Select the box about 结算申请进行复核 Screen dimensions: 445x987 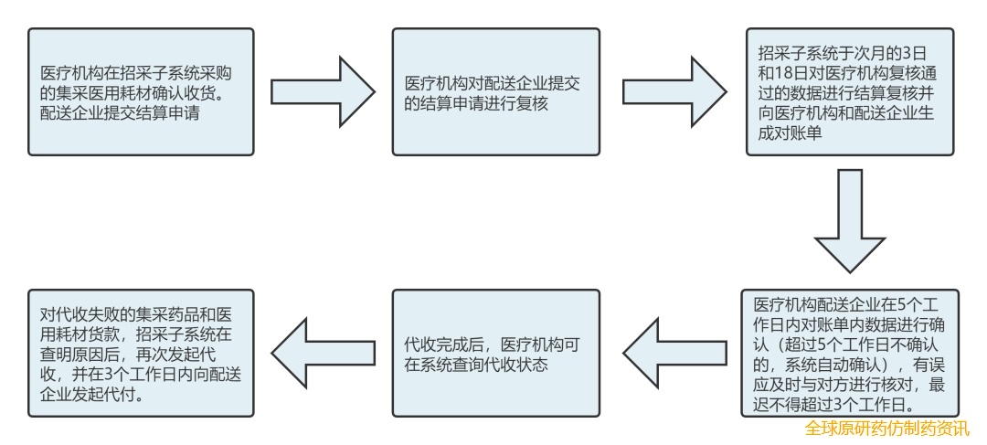point(496,91)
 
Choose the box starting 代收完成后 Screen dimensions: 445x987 point(496,353)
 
